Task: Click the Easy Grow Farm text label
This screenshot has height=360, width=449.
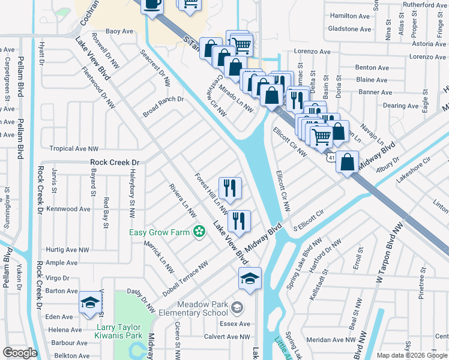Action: tap(160, 232)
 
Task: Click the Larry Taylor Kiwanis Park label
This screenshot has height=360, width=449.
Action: tap(120, 331)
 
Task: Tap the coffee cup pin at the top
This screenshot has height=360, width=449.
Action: tap(152, 5)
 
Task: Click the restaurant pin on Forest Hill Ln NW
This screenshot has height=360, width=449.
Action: tap(230, 188)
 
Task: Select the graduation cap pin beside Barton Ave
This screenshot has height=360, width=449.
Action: tap(90, 302)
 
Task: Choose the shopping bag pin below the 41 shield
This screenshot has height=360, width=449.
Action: tap(348, 163)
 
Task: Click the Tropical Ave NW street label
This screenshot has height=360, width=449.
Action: tap(74, 149)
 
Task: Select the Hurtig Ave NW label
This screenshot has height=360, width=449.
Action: tap(68, 250)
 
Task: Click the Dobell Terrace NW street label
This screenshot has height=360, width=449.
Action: tap(187, 272)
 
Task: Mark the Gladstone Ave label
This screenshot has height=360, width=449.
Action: tap(349, 29)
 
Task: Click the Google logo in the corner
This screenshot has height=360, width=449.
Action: tap(20, 353)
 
